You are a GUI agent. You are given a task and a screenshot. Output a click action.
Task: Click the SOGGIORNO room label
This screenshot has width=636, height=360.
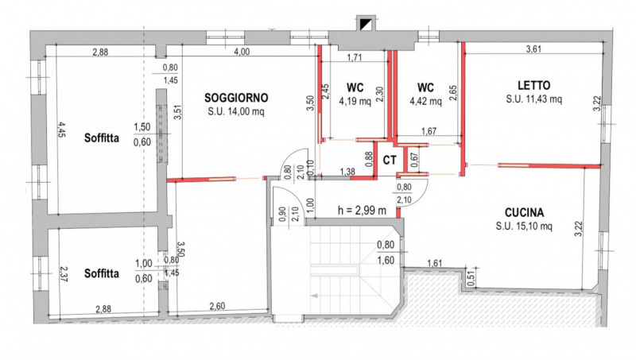[236, 98]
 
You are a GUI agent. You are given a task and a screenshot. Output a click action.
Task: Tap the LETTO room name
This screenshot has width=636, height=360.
[533, 86]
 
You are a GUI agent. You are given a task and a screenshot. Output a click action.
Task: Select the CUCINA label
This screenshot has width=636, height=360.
[524, 213]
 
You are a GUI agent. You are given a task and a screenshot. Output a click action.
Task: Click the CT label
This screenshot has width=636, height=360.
[390, 161]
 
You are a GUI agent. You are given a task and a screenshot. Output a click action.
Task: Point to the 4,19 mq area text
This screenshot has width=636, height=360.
[355, 101]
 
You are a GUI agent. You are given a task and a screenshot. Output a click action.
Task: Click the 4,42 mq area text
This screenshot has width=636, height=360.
[425, 101]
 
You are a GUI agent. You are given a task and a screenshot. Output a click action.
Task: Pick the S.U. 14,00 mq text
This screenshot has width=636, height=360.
[236, 111]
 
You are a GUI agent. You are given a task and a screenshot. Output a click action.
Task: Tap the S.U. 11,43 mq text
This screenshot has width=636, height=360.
[533, 99]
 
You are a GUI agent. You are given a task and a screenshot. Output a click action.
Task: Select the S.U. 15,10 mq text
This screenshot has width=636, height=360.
[524, 226]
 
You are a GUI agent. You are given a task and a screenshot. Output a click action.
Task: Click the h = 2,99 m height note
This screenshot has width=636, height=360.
[362, 210]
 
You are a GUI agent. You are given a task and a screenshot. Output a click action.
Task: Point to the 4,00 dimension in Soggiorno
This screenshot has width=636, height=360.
[242, 52]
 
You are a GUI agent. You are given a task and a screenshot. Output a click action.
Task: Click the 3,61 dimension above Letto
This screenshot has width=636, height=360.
[533, 49]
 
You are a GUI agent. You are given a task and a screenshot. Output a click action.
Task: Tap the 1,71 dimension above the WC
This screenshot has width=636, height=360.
[354, 57]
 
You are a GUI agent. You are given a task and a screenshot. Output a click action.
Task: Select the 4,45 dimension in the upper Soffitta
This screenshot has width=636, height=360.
[61, 130]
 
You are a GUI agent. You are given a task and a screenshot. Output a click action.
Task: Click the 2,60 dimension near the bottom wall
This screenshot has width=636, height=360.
[217, 306]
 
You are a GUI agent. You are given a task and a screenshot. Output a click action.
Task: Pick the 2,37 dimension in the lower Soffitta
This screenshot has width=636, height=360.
[64, 273]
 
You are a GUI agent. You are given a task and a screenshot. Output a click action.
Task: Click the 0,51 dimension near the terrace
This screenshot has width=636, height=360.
[470, 277]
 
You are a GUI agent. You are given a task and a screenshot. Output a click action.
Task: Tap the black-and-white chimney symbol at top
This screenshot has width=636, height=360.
[366, 24]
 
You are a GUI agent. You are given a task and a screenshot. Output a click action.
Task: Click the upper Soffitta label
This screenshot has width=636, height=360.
[102, 137]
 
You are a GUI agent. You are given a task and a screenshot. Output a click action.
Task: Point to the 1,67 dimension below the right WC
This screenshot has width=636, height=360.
[429, 131]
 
